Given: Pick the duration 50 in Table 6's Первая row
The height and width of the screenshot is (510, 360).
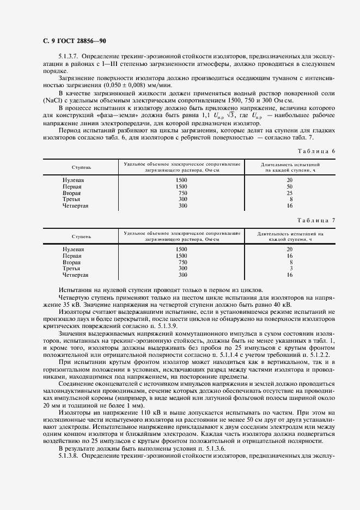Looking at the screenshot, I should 290,186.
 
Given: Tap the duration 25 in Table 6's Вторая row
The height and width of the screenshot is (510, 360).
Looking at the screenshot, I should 290,193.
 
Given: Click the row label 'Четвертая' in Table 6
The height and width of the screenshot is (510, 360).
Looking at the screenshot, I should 75,206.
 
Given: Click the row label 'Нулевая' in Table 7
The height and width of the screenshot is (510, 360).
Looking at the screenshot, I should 73,249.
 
